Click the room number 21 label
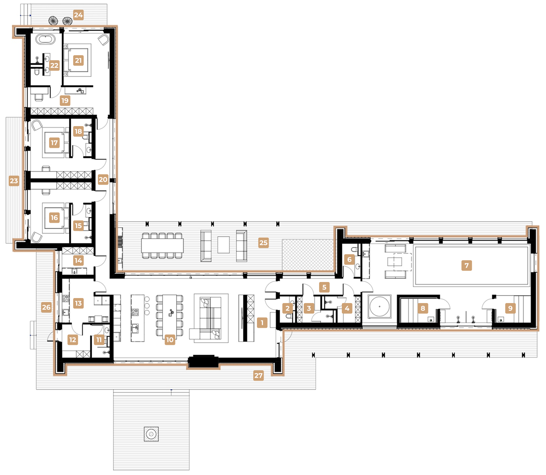(78, 61)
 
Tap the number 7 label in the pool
(466, 266)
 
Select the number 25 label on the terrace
(263, 243)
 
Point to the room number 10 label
(170, 340)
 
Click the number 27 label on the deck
(258, 375)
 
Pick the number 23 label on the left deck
(14, 181)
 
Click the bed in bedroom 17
(56, 143)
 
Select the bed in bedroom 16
(56, 218)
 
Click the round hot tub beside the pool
(380, 306)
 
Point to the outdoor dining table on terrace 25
(162, 246)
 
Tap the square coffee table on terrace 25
(224, 245)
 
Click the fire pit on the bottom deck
(151, 434)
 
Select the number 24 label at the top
(78, 15)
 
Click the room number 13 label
(78, 303)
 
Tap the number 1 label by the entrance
(262, 322)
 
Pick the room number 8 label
(423, 308)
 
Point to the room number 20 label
(103, 180)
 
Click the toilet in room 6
(354, 250)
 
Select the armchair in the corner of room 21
(103, 40)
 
